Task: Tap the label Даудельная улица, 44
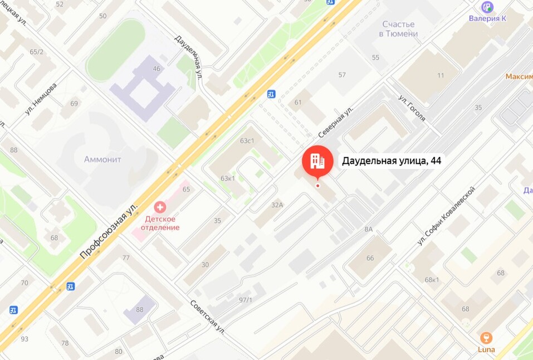point(391,161)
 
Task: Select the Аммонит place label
point(102,159)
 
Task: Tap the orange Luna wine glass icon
point(486,338)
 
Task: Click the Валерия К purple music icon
point(487,7)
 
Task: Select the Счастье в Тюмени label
point(399,29)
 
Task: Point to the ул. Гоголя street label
point(412,108)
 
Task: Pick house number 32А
point(277,205)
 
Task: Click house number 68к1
point(432,280)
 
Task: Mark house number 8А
point(369,229)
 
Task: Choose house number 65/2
point(37,52)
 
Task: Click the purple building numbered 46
point(142,84)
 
